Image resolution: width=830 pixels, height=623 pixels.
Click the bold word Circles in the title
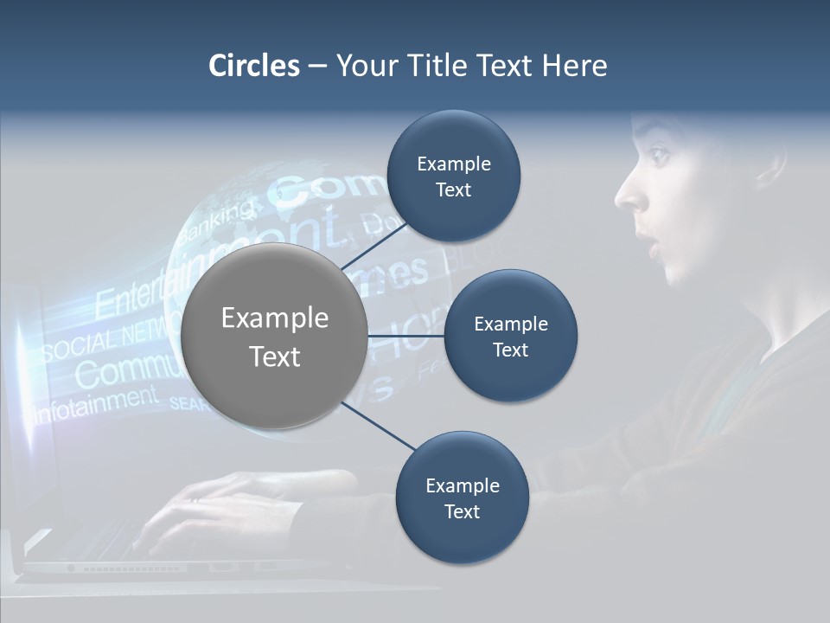tap(253, 66)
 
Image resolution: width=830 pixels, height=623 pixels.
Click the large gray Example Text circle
tap(274, 336)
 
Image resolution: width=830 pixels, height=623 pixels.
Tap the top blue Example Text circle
tap(453, 177)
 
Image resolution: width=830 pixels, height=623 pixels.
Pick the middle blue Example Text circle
tap(510, 336)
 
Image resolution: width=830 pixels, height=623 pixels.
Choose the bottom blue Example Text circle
tap(462, 498)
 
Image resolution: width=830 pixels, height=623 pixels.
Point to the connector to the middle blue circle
tap(405, 336)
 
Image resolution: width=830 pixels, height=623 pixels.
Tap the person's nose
tap(628, 196)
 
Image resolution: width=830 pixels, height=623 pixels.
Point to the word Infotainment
tap(95, 402)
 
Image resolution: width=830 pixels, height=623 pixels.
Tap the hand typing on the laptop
tap(216, 502)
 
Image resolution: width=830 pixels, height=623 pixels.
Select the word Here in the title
tap(574, 66)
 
